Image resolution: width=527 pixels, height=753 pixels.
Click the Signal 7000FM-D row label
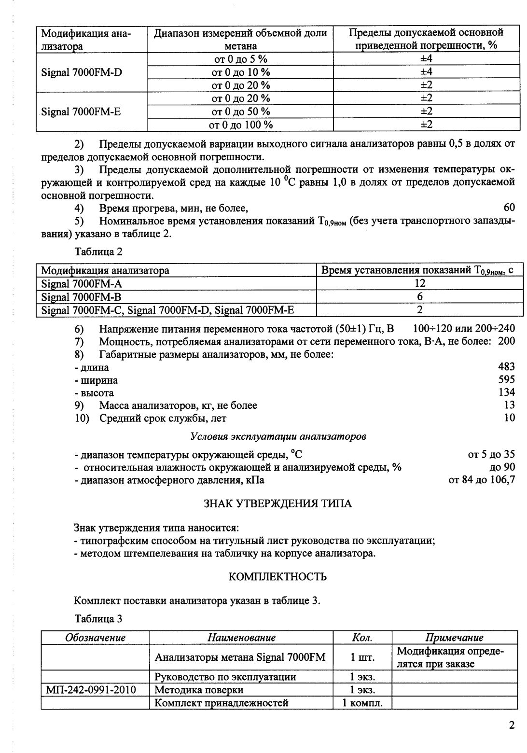click(x=82, y=72)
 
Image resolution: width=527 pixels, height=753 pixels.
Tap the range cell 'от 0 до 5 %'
click(x=240, y=59)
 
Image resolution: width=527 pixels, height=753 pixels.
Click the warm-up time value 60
click(x=509, y=208)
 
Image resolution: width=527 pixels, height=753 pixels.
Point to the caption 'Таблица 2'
click(x=98, y=251)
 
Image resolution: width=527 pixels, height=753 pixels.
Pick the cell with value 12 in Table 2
click(x=419, y=283)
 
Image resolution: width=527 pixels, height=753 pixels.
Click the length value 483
click(x=506, y=367)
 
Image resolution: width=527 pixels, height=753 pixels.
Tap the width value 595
click(x=506, y=380)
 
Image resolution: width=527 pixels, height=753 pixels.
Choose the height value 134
click(x=506, y=392)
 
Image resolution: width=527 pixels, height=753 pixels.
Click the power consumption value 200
click(x=506, y=341)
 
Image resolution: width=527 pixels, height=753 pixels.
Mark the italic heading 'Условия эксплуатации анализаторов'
click(x=278, y=436)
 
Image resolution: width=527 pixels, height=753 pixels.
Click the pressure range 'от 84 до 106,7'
click(x=482, y=480)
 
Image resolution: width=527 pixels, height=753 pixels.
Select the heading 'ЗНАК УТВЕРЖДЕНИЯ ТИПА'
click(x=278, y=504)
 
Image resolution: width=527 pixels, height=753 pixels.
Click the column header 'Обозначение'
click(x=96, y=638)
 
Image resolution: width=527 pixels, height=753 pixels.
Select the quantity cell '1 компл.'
click(x=362, y=703)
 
